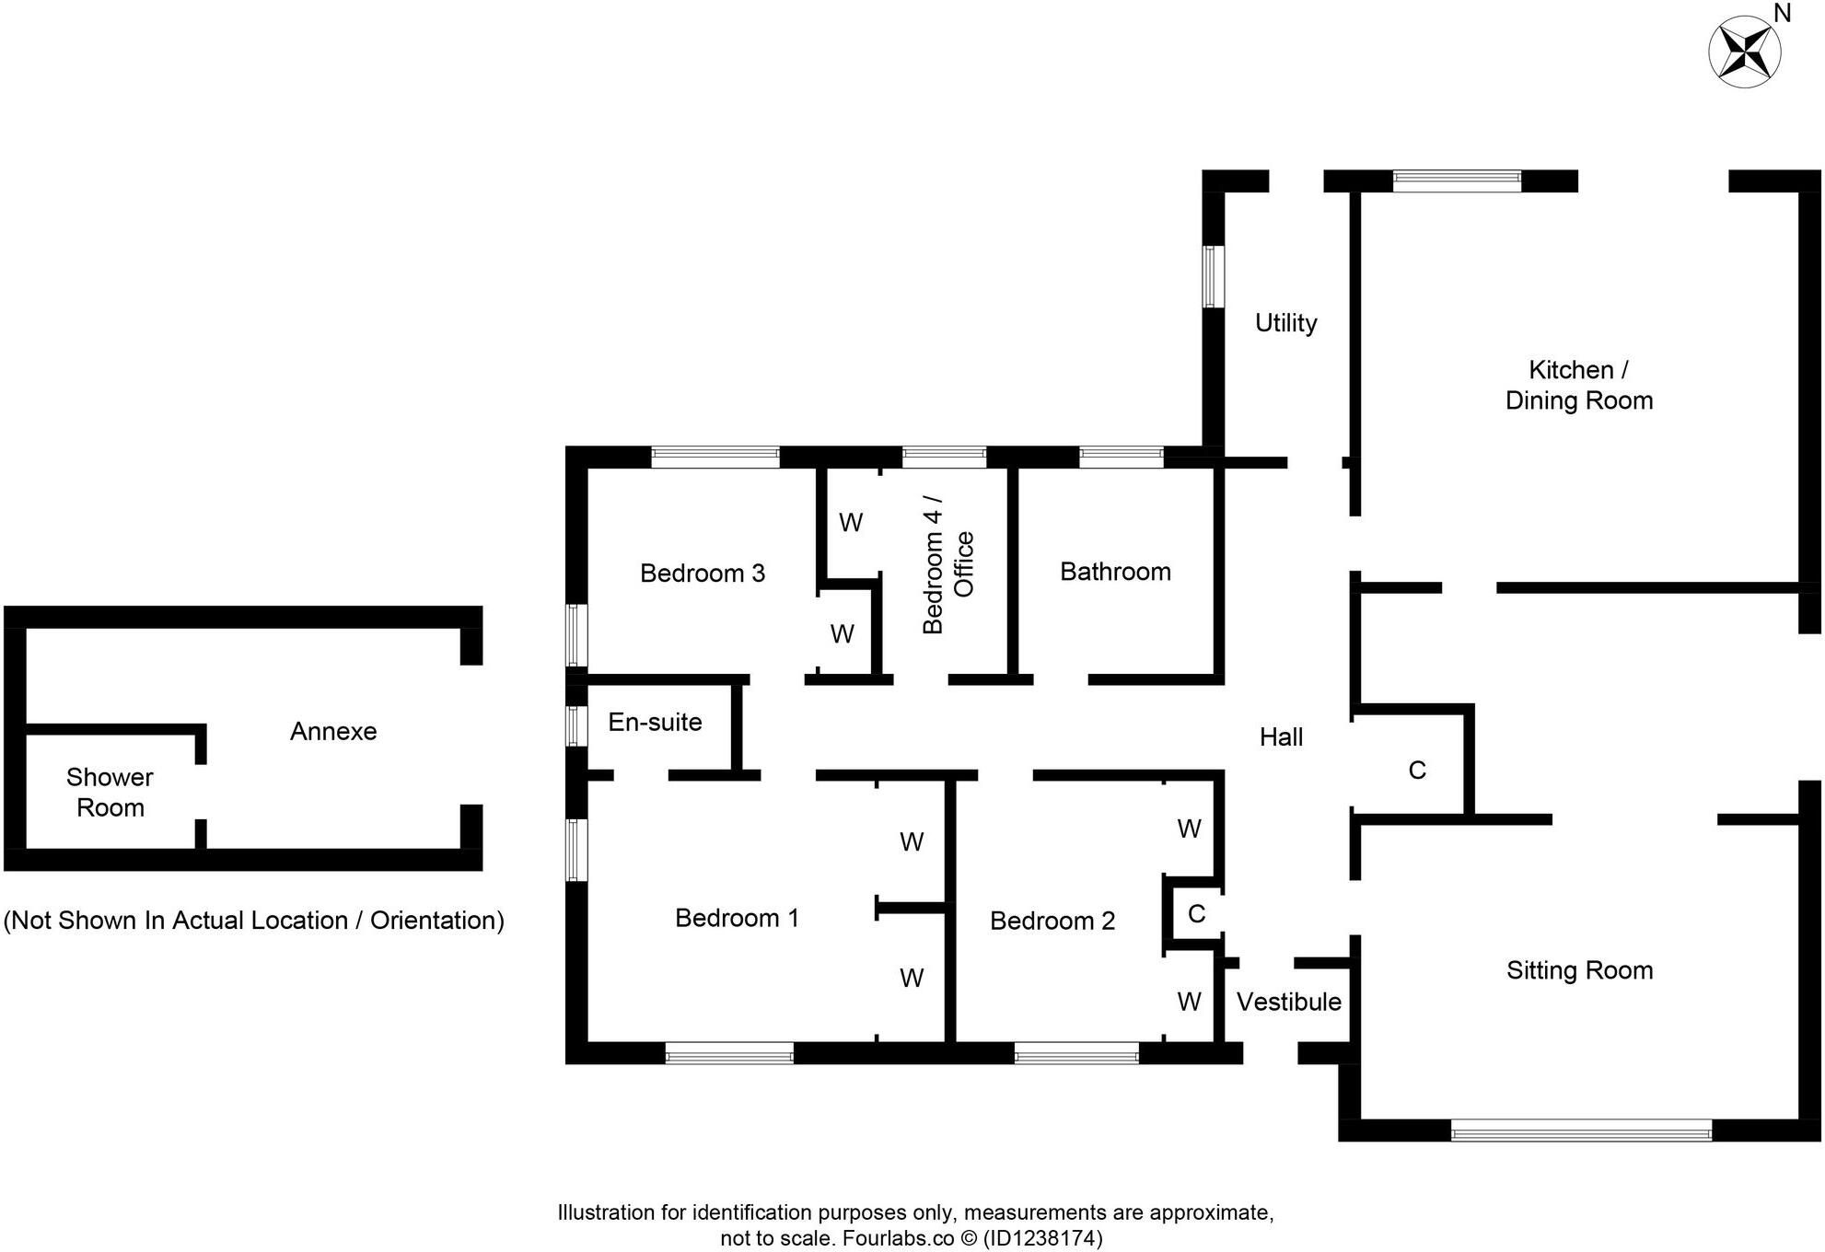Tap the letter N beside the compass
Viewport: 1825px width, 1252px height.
[1783, 13]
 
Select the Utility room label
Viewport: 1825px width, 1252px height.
[1285, 323]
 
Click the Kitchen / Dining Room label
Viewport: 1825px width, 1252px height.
[1578, 385]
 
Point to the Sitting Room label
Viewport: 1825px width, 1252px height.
[1579, 970]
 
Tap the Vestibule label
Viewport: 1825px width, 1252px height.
[1288, 1002]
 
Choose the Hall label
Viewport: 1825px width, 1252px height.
[1281, 736]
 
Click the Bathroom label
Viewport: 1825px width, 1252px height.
[1115, 572]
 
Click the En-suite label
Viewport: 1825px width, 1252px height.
[655, 722]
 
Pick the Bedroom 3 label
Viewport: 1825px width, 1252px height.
[703, 574]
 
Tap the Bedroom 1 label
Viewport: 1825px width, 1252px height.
[737, 918]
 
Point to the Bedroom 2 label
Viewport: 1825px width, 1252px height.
[1052, 921]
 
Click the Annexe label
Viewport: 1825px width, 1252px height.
[333, 731]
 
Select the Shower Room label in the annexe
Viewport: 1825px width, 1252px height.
[110, 793]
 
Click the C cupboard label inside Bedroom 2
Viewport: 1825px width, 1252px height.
[1196, 913]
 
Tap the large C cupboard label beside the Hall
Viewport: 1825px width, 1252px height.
[1417, 771]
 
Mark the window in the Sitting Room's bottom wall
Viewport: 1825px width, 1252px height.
[1581, 1130]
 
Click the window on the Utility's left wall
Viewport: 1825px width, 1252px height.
[1214, 276]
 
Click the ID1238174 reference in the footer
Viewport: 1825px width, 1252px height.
[1042, 1238]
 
